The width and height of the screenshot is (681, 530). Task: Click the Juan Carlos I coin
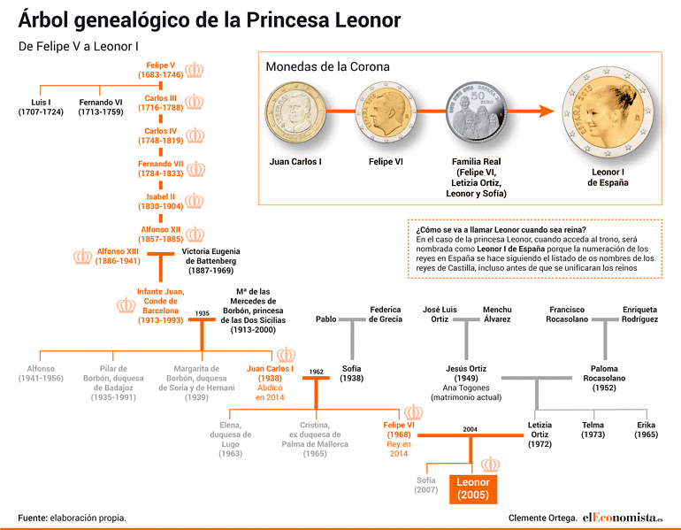(x=295, y=113)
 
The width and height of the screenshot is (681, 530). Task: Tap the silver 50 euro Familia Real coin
(x=477, y=112)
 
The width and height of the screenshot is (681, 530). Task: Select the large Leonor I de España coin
(x=608, y=114)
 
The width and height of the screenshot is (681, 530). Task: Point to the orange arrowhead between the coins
(x=547, y=111)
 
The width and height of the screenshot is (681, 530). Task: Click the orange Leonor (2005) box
(x=473, y=488)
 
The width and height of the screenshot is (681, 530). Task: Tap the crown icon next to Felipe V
(x=195, y=70)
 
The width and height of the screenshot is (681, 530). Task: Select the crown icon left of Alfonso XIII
(x=82, y=257)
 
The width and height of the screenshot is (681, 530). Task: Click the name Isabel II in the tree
(x=161, y=196)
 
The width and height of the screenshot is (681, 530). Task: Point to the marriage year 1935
(x=202, y=313)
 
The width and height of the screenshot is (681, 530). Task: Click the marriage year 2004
(x=470, y=429)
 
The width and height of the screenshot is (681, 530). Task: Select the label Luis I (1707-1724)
(x=41, y=107)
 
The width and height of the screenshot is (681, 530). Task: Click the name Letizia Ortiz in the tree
(x=539, y=430)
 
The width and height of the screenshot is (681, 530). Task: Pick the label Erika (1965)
(x=647, y=430)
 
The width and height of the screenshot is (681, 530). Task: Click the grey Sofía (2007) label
(x=426, y=485)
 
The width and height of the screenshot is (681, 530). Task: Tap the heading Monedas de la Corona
(x=327, y=66)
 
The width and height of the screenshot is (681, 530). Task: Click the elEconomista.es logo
(x=623, y=518)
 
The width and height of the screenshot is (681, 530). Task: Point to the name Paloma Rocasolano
(x=604, y=373)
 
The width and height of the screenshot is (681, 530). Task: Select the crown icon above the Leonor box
(x=490, y=465)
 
